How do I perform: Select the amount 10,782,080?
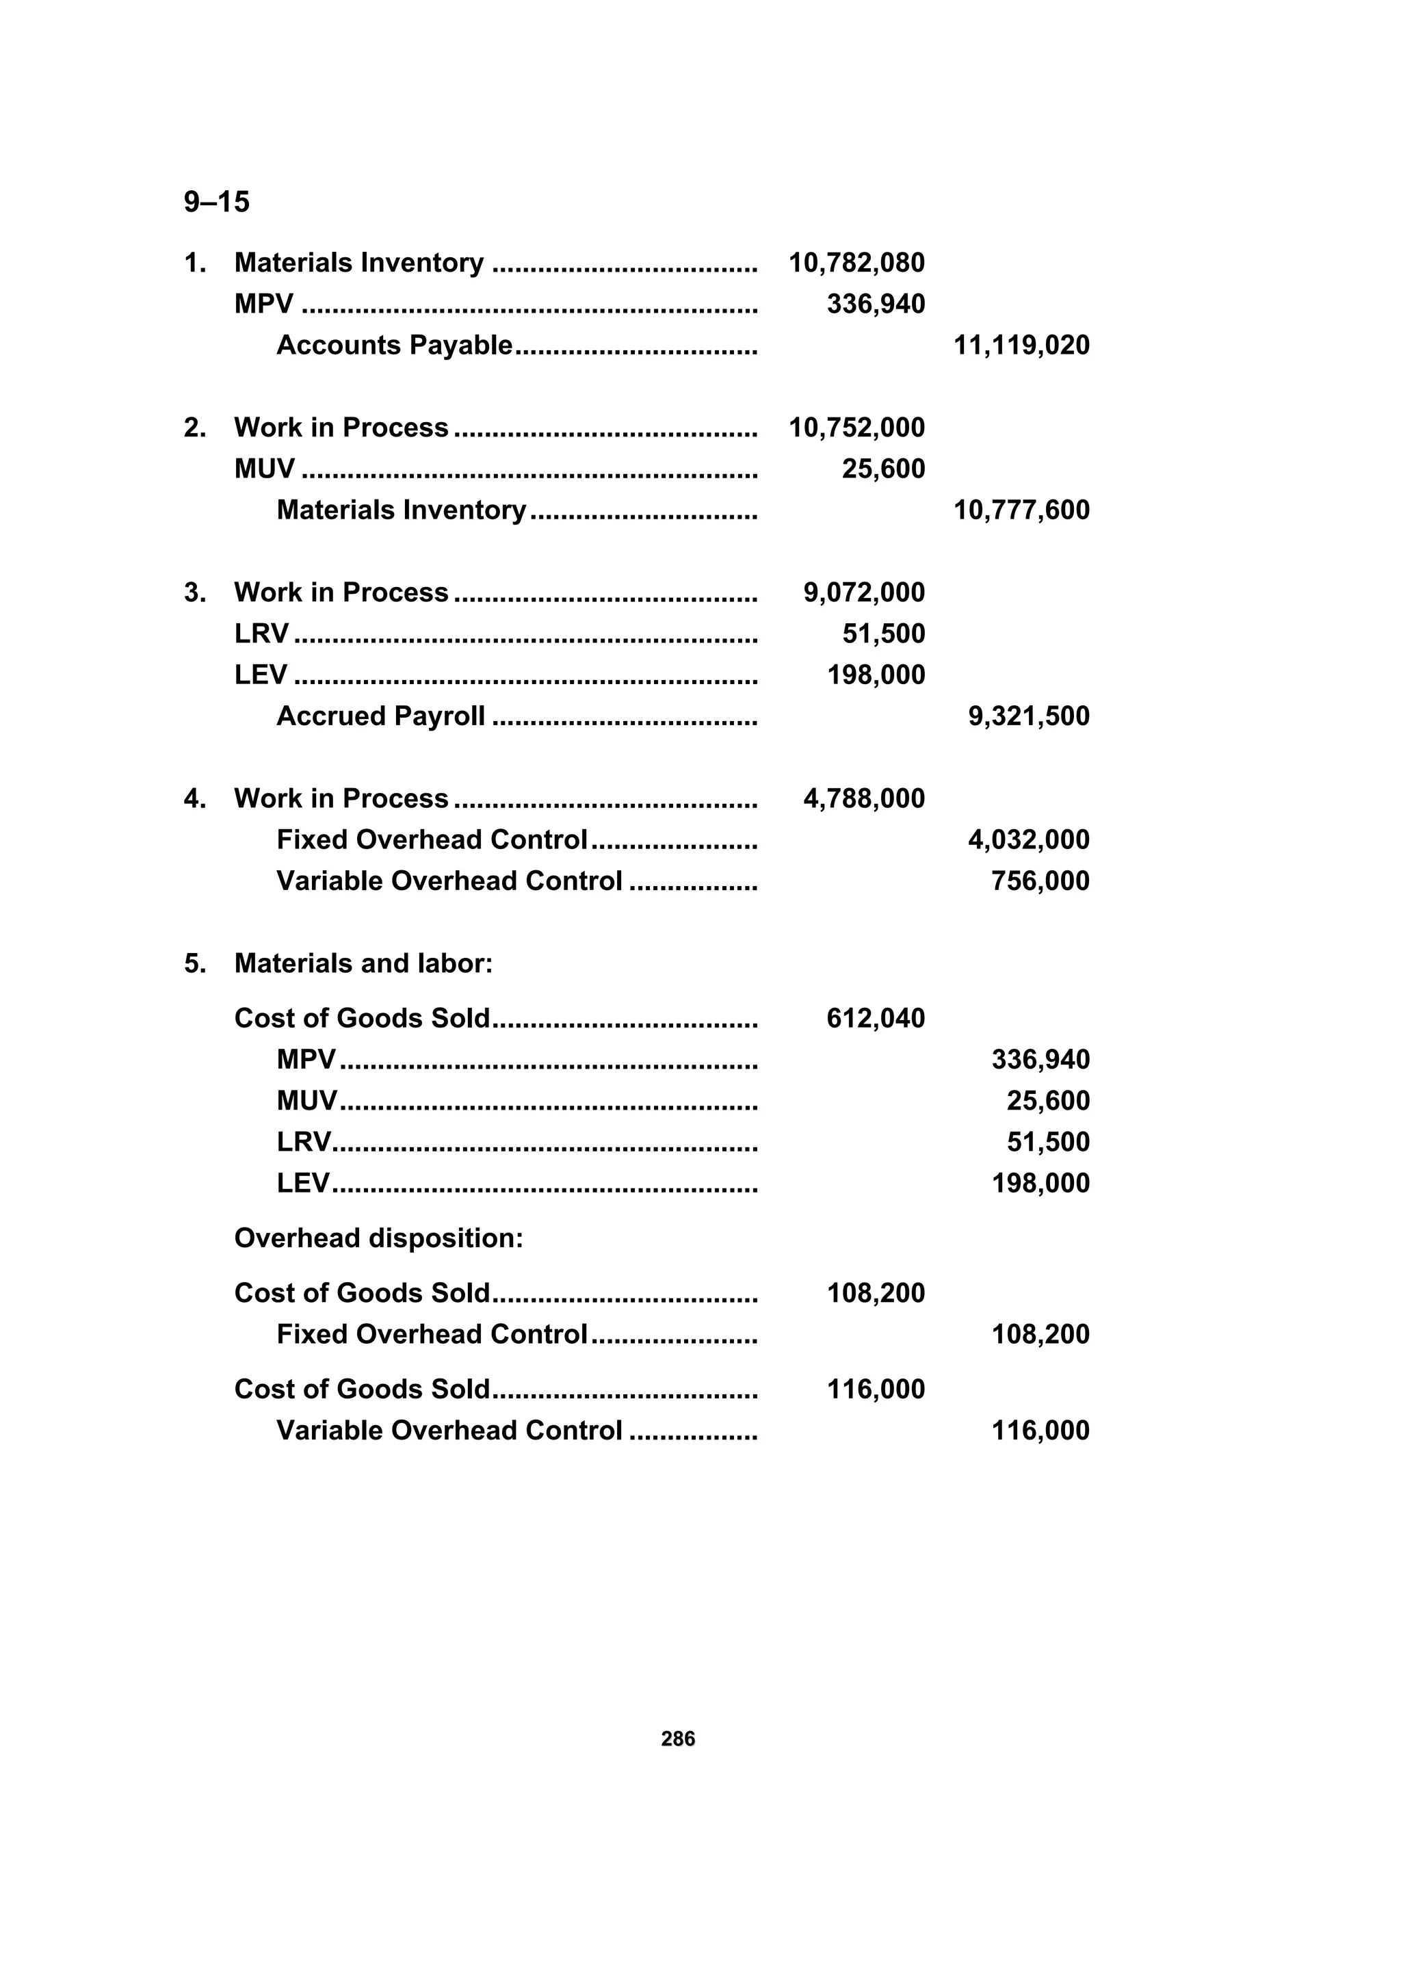coord(856,263)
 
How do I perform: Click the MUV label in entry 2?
coord(264,469)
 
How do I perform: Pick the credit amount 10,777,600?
coord(1021,510)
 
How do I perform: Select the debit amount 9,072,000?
coord(864,592)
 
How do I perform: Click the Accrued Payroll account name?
coord(380,716)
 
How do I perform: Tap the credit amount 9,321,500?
coord(1029,716)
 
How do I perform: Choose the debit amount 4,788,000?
coord(864,798)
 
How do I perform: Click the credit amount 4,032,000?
coord(1029,839)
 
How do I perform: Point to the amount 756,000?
coord(1040,881)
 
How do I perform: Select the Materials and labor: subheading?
coord(363,963)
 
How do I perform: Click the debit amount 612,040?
coord(876,1019)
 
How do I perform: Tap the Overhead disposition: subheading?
coord(379,1238)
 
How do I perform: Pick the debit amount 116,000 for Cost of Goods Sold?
coord(876,1389)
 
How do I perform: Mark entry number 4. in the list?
coord(195,798)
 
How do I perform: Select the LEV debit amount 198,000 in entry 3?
coord(876,675)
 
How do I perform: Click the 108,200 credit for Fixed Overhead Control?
coord(1040,1333)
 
